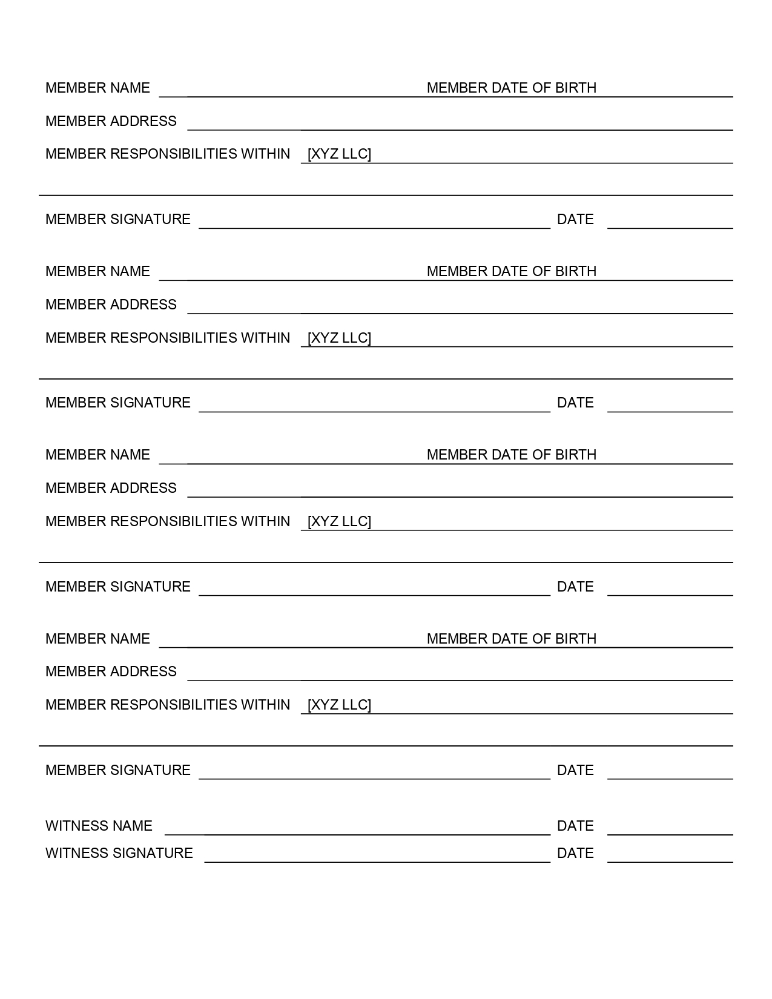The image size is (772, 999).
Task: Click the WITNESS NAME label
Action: pos(99,826)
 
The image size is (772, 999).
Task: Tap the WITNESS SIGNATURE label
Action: pos(119,853)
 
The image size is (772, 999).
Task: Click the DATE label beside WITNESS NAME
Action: pos(575,826)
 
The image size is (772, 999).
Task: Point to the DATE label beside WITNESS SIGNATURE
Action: pos(575,853)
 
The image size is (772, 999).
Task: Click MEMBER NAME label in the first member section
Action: pos(97,88)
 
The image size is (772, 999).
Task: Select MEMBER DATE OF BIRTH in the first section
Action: pos(512,88)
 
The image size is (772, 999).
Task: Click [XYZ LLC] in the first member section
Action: pos(339,154)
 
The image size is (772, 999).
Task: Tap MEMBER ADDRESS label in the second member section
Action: pos(111,305)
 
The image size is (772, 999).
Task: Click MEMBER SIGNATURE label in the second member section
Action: pos(118,403)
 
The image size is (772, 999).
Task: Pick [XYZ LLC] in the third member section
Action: pos(339,521)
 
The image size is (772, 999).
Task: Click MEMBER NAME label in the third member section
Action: pos(97,455)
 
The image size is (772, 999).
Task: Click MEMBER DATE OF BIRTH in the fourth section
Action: pos(512,639)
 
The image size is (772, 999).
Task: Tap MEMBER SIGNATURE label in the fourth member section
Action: pos(118,770)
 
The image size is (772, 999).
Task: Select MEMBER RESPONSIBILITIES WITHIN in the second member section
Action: pos(168,338)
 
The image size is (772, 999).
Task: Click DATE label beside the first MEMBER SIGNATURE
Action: pos(575,219)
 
